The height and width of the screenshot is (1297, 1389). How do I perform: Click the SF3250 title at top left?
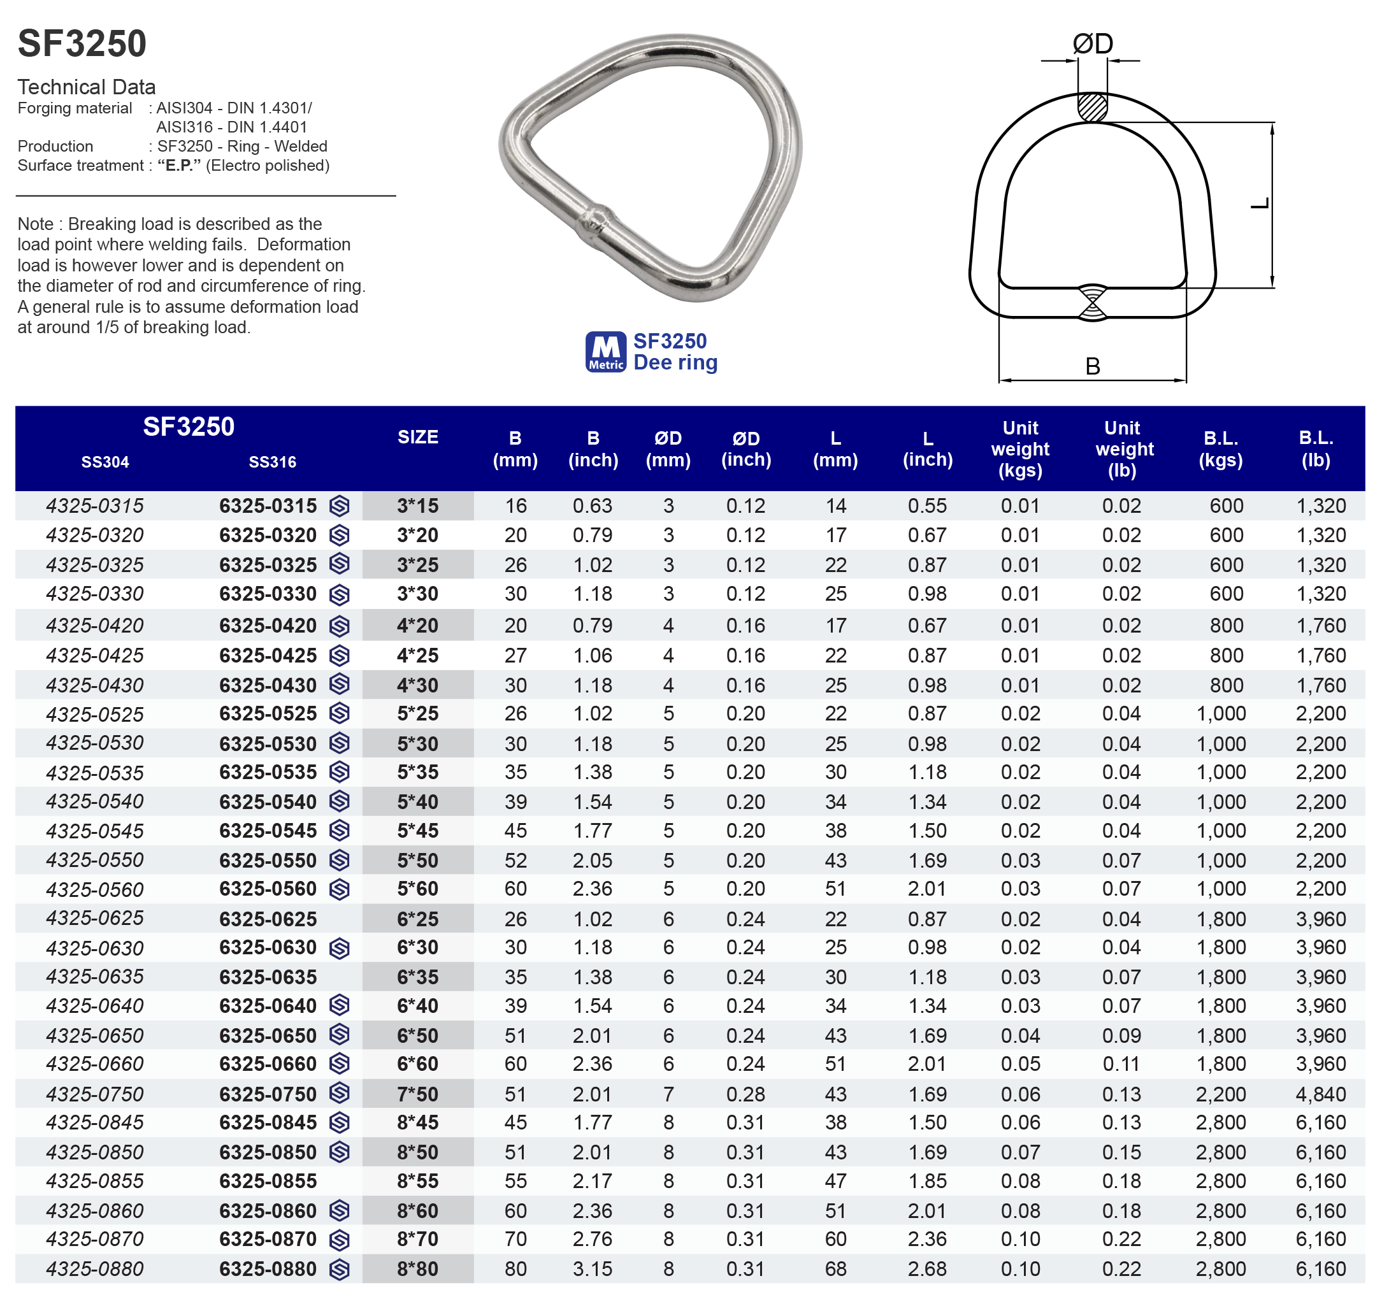pos(82,43)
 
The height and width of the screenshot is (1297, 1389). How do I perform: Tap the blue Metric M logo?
pos(605,351)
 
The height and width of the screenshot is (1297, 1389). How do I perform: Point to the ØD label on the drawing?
pos(1092,44)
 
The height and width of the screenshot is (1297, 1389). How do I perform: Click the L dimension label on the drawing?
pos(1259,203)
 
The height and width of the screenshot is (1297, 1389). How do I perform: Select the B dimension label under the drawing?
pos(1092,366)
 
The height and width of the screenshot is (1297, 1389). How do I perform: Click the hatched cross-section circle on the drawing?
pos(1092,107)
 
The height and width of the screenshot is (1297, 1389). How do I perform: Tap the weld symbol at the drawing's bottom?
pos(1092,303)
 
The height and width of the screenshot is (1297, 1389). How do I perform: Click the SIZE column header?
pos(418,437)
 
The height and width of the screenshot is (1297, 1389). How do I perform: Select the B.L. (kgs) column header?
pos(1220,448)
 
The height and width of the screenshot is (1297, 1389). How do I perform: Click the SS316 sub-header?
pos(273,462)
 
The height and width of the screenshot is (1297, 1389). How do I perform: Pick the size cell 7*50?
pos(418,1094)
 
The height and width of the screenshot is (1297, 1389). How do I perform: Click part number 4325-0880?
pos(95,1268)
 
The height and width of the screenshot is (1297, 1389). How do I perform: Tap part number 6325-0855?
pos(268,1180)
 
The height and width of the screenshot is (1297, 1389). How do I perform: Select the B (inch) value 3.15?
pos(593,1268)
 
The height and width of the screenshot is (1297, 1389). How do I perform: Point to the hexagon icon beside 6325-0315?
pos(340,506)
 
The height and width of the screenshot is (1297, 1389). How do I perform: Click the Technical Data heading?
pos(87,87)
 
